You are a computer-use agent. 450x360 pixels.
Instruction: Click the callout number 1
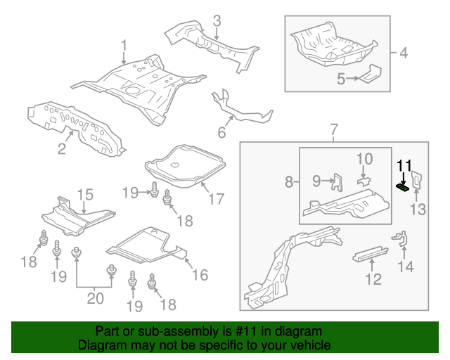(x=124, y=46)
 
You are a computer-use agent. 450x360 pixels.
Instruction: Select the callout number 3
(x=217, y=21)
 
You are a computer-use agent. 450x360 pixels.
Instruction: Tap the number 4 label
(x=403, y=53)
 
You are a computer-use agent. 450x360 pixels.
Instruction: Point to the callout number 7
(x=334, y=129)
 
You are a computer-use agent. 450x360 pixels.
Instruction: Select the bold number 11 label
(x=404, y=166)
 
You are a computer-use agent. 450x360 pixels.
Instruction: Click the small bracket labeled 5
(x=370, y=74)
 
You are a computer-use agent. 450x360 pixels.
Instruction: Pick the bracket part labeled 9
(x=337, y=183)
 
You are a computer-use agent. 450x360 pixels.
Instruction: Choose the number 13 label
(x=418, y=209)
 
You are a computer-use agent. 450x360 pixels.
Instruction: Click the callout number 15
(x=85, y=195)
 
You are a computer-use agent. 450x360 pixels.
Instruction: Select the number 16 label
(x=200, y=274)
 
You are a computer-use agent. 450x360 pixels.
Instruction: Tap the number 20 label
(x=94, y=298)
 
